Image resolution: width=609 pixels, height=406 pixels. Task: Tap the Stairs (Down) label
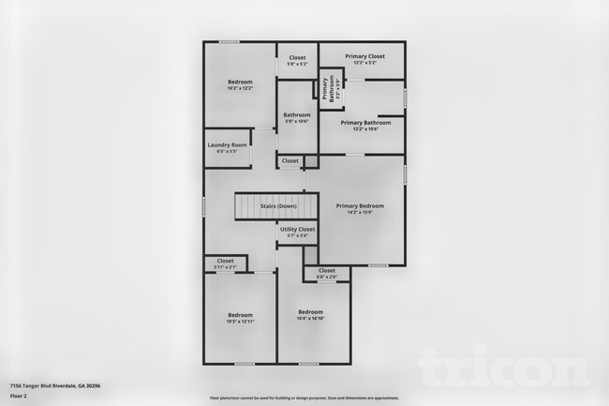click(278, 205)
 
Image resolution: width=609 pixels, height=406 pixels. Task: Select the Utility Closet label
click(297, 229)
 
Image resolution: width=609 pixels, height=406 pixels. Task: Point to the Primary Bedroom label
click(362, 205)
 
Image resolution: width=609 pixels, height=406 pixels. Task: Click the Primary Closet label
click(361, 56)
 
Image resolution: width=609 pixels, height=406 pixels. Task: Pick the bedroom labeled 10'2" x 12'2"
click(240, 83)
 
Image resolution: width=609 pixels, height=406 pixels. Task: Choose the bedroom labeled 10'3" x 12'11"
click(240, 315)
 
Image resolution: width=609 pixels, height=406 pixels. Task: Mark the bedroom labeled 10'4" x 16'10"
click(311, 311)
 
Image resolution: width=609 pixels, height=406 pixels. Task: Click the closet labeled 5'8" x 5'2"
click(297, 58)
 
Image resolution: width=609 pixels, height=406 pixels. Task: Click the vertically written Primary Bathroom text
click(327, 88)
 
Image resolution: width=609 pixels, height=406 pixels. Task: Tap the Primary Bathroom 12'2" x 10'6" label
click(365, 123)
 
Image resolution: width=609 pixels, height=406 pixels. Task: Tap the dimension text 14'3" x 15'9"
click(362, 211)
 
